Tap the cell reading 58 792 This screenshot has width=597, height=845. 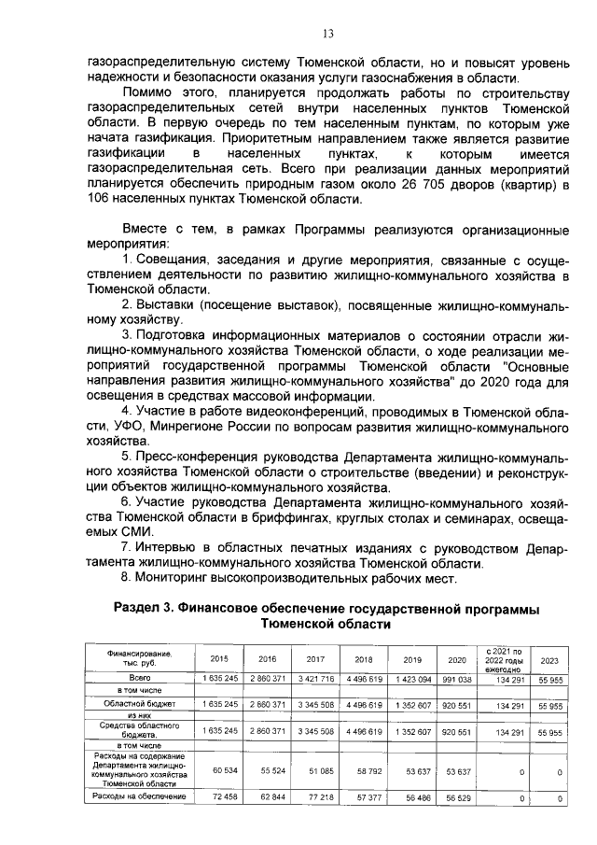tap(365, 771)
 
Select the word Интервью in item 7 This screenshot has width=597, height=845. tap(171, 548)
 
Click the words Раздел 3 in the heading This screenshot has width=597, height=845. tap(146, 610)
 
